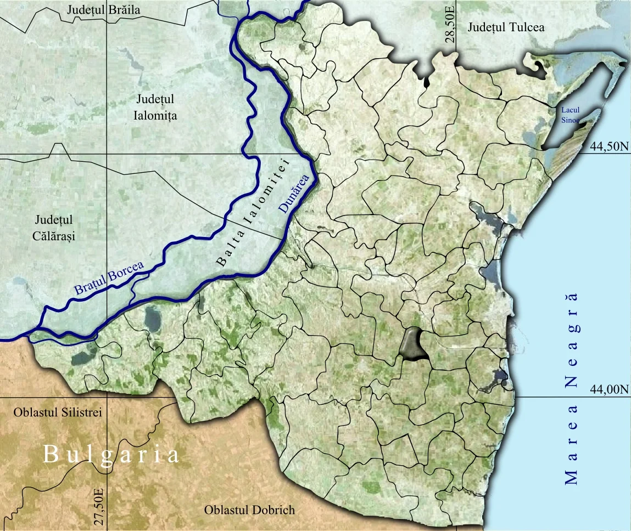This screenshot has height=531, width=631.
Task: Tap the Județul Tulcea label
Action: (506, 27)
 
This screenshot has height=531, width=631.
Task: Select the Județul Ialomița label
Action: (155, 108)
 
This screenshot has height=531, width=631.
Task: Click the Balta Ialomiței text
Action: (252, 212)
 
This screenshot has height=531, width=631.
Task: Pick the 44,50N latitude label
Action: (608, 146)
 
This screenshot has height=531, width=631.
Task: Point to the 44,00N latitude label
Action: (608, 389)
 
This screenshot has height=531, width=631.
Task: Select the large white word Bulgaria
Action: (111, 455)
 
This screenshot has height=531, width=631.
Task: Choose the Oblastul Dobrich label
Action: (249, 510)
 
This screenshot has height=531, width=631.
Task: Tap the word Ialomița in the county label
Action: (155, 116)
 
